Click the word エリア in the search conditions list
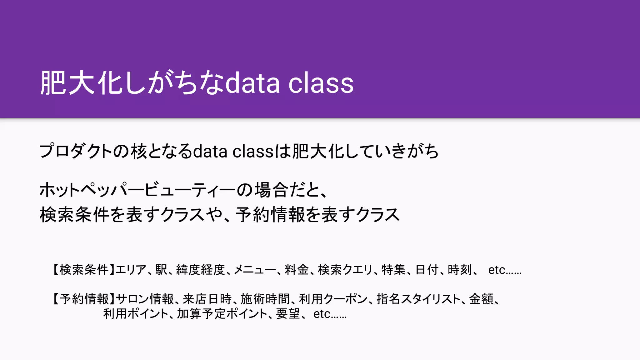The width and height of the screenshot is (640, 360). [x=131, y=269]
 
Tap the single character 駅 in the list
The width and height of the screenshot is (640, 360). [x=161, y=269]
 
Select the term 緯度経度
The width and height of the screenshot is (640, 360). [x=200, y=269]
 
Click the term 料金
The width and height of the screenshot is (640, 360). [x=297, y=269]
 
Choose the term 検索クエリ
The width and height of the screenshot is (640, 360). [x=345, y=269]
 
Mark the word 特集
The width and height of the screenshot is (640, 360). [x=393, y=269]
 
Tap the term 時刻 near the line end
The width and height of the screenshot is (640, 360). [x=459, y=269]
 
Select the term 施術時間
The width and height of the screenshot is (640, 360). [x=265, y=299]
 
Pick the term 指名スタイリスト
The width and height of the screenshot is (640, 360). [x=418, y=299]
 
